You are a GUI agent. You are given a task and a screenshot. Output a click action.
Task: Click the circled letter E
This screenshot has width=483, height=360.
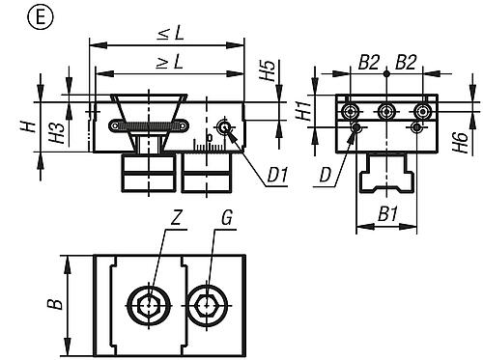tap(41, 17)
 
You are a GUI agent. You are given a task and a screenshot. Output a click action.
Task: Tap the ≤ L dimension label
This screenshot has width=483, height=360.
tap(171, 32)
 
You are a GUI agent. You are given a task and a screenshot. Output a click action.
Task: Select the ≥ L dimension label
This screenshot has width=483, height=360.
tap(170, 61)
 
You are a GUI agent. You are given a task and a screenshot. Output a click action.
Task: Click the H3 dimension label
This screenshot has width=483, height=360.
tap(58, 133)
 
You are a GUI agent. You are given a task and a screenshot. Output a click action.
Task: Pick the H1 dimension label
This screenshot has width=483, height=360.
tap(303, 110)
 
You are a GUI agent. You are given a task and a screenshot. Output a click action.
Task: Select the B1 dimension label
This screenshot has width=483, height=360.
tap(387, 213)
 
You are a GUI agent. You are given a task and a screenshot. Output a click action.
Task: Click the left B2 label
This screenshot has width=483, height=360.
tap(369, 62)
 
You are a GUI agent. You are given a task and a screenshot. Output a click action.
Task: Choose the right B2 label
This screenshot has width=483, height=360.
tap(406, 62)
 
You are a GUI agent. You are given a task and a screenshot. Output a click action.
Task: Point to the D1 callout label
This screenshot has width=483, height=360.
tap(277, 176)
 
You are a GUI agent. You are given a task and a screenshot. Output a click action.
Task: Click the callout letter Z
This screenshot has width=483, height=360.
tap(176, 219)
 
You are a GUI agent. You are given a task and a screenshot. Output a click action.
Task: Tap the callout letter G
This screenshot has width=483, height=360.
tap(226, 219)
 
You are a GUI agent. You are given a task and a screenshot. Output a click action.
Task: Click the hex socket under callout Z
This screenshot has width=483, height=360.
tap(149, 305)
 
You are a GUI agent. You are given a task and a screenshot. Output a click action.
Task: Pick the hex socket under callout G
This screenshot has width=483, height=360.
tap(207, 305)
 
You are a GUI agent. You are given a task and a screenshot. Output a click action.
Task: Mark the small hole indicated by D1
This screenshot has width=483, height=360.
tap(224, 127)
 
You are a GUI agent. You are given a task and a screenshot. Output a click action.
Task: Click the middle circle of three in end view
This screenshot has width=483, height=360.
tap(385, 112)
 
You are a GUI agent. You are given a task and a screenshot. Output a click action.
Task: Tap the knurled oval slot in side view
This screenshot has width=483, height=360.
tap(149, 125)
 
